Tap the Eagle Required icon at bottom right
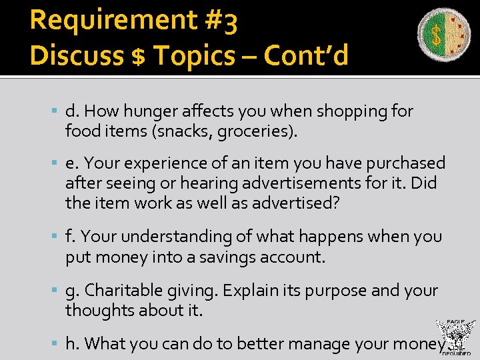click(455, 337)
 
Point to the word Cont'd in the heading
click(305, 57)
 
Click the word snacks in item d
click(184, 131)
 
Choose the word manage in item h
click(319, 343)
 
